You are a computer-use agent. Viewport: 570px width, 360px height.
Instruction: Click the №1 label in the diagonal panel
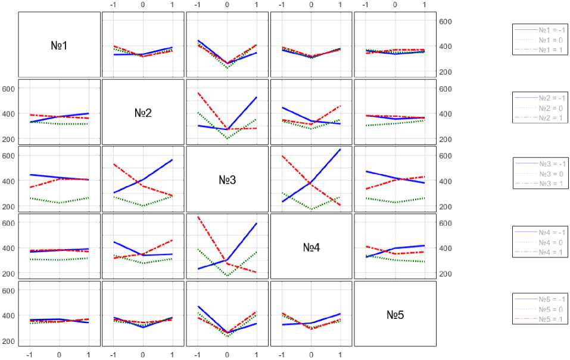click(x=59, y=45)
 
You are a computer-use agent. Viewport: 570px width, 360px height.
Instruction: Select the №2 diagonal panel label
click(x=143, y=112)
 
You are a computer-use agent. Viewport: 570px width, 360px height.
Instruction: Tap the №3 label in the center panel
click(x=227, y=179)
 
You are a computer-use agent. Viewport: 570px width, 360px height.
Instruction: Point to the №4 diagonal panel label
click(x=312, y=247)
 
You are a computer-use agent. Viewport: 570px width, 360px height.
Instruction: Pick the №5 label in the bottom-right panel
click(x=395, y=314)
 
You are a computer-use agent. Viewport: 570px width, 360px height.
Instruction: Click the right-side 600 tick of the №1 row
click(x=446, y=21)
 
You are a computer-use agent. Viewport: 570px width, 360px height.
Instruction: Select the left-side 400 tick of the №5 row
click(x=10, y=316)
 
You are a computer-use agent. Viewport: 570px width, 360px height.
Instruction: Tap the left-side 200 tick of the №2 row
click(x=10, y=139)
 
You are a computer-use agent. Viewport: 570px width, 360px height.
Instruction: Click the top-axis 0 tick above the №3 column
click(x=227, y=5)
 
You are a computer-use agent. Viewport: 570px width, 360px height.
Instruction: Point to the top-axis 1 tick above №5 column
click(x=424, y=5)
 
